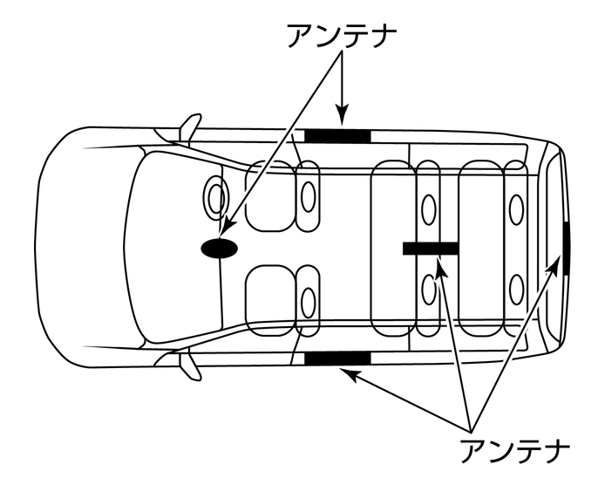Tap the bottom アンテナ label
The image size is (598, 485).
tap(514, 451)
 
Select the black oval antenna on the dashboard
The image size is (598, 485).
tap(220, 249)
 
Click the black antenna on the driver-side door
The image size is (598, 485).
tap(337, 135)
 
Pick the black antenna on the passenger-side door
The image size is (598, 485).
tap(337, 357)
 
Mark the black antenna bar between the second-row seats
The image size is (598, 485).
tap(431, 249)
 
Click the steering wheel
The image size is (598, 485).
tap(214, 195)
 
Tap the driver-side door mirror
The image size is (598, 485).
tap(189, 126)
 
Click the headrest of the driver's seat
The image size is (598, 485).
tap(308, 196)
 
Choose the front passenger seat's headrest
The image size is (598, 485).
tap(308, 302)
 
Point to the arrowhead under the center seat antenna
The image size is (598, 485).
tap(441, 266)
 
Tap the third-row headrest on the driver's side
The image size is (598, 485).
tap(517, 208)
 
